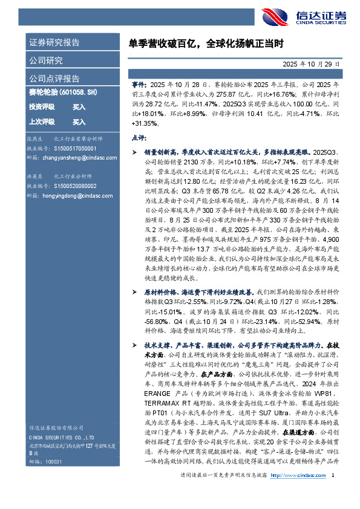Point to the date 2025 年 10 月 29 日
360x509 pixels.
pyautogui.click(x=312, y=63)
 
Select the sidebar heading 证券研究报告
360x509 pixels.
pyautogui.click(x=54, y=43)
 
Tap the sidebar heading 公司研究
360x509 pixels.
pyautogui.click(x=46, y=60)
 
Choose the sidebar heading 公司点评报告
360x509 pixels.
pyautogui.click(x=54, y=78)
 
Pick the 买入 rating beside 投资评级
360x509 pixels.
pyautogui.click(x=79, y=106)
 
